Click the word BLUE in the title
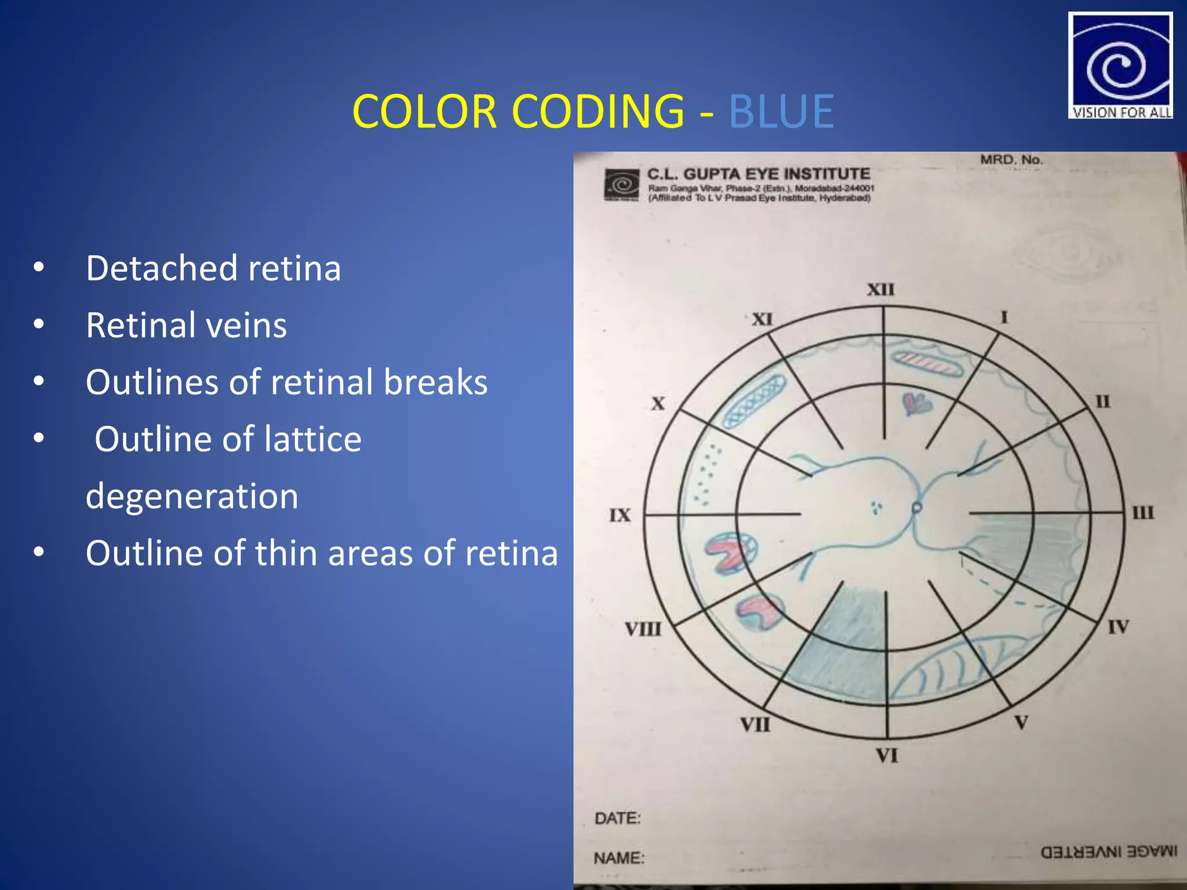point(781,111)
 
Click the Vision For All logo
point(1120,65)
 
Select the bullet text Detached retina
point(213,268)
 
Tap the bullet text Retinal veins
point(186,325)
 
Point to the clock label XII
point(880,289)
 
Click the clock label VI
point(887,756)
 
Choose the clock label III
point(1143,513)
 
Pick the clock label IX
point(620,515)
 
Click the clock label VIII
point(643,629)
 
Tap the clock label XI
point(762,319)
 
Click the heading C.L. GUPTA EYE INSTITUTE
point(758,174)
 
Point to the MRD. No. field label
point(1011,159)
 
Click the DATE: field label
point(617,818)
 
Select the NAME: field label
point(619,858)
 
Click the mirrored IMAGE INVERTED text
point(1109,852)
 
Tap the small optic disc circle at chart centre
point(916,508)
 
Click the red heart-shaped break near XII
point(917,403)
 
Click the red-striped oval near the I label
point(927,364)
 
